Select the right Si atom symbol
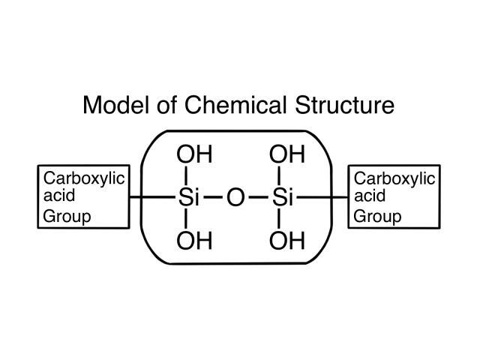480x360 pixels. click(x=283, y=199)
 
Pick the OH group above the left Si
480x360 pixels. click(x=193, y=156)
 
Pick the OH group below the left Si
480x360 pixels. click(x=193, y=241)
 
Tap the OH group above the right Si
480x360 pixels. click(x=286, y=156)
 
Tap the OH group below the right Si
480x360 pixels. click(x=286, y=241)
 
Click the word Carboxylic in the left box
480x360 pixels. click(x=84, y=179)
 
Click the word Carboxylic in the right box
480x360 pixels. click(x=394, y=179)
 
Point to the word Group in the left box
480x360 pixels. click(x=67, y=217)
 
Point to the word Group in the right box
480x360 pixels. click(x=376, y=217)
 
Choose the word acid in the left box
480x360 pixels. click(x=58, y=198)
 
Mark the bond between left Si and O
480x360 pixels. click(x=214, y=199)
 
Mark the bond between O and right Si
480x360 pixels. click(x=259, y=199)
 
